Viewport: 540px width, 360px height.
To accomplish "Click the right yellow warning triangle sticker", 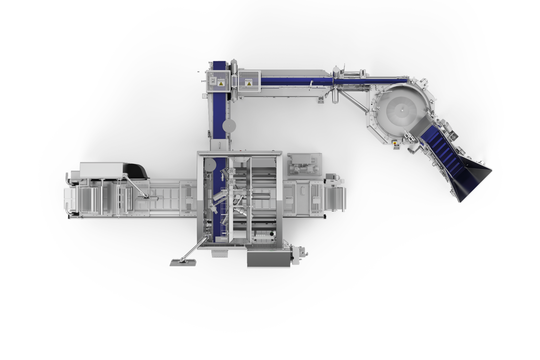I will click(x=249, y=83).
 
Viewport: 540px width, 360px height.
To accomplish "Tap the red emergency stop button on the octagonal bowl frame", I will click(x=395, y=143).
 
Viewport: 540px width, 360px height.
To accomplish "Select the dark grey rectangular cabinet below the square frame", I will click(x=269, y=259).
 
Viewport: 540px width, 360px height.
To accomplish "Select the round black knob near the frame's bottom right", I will click(x=307, y=253).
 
